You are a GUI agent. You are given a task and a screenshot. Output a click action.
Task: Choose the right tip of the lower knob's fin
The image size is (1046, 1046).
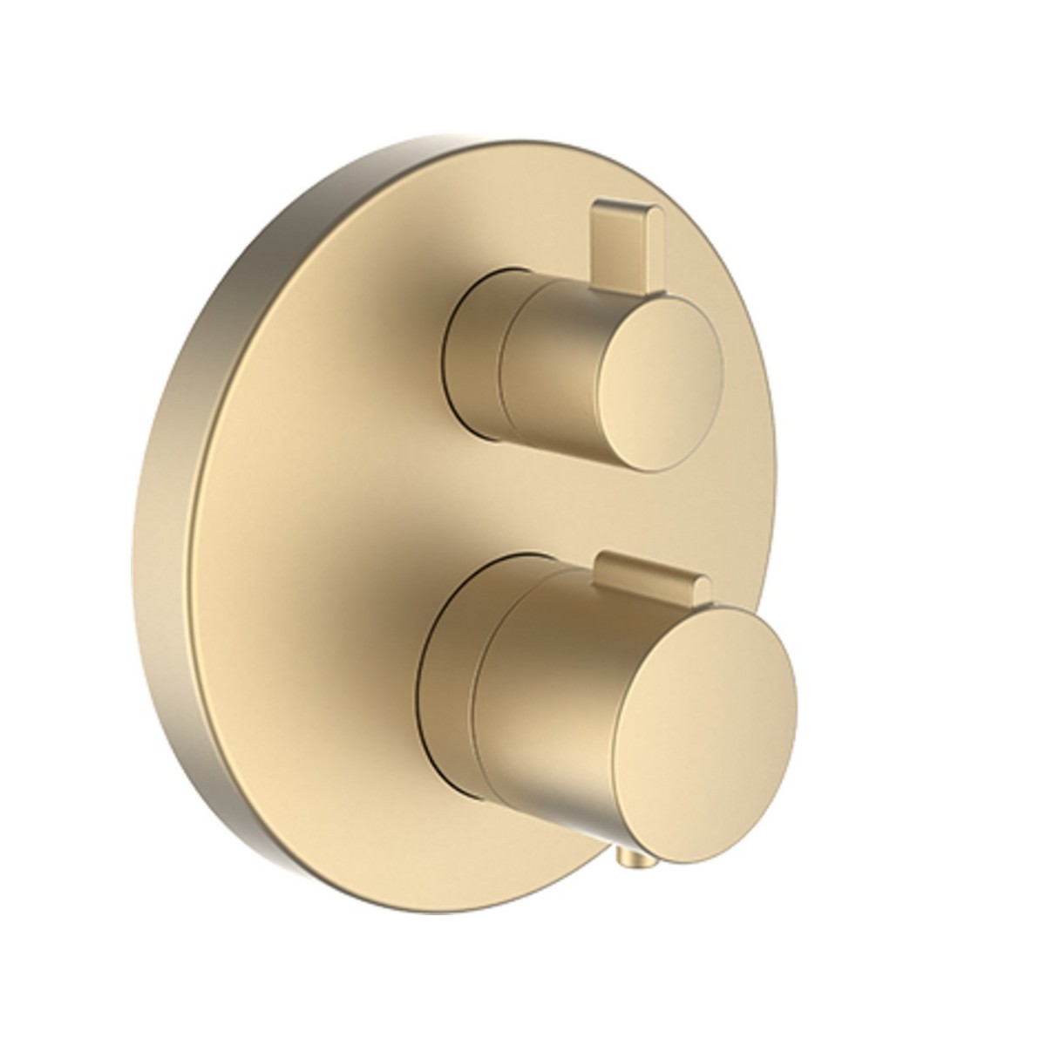coord(696,582)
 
